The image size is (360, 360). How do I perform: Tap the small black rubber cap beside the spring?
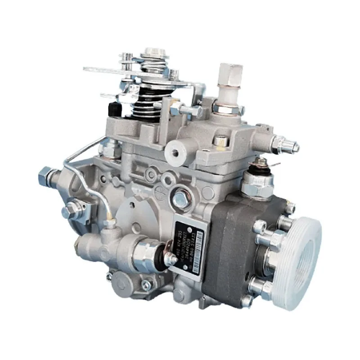click(115, 108)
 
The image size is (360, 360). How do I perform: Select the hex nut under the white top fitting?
click(229, 108)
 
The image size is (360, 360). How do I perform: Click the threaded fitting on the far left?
click(47, 175)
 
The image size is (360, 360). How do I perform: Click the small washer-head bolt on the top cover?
click(220, 141)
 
